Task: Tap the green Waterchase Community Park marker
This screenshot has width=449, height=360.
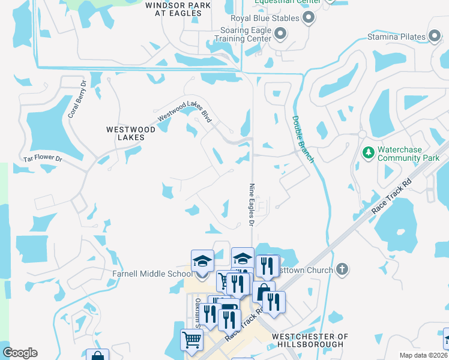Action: click(x=369, y=154)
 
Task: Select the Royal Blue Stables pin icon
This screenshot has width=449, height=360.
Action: click(x=309, y=18)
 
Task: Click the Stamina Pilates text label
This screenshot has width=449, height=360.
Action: click(x=396, y=37)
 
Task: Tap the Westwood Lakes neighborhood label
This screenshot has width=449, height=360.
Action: click(x=125, y=133)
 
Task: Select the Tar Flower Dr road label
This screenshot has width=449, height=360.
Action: click(x=43, y=159)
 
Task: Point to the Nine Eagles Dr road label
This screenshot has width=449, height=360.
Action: click(x=252, y=205)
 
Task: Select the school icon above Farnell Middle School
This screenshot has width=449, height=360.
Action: click(x=202, y=262)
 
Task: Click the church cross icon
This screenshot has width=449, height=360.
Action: click(x=342, y=269)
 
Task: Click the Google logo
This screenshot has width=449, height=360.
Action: click(x=20, y=353)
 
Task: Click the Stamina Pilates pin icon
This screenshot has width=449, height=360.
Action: click(x=435, y=37)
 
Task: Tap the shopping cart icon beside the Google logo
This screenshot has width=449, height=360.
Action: click(x=191, y=340)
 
